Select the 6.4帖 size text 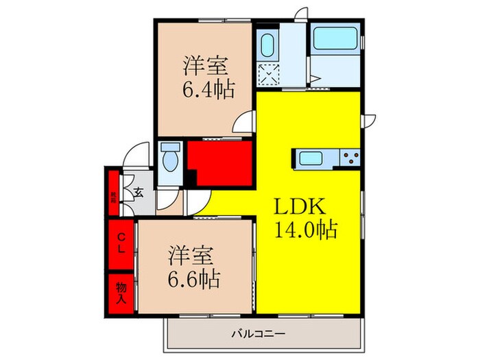(x=206, y=88)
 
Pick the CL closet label (x=121, y=243)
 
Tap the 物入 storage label (x=121, y=292)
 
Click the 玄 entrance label (x=138, y=193)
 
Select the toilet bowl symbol (x=169, y=162)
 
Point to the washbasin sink (x=268, y=45)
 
